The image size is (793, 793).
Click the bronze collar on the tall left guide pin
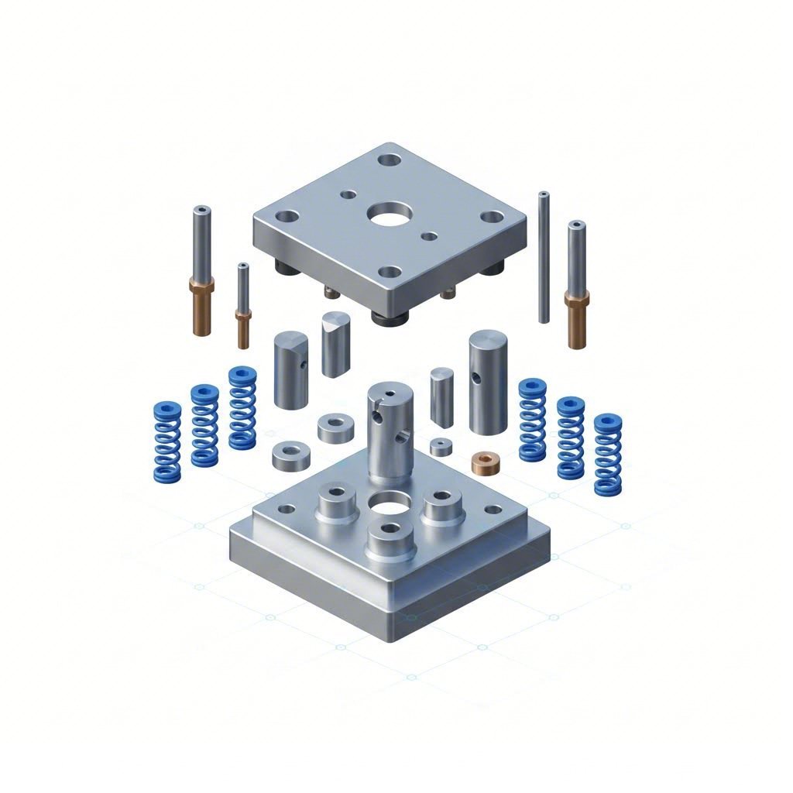click(x=200, y=306)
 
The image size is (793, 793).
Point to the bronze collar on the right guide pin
click(x=576, y=318)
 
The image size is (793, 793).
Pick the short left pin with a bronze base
click(x=243, y=306)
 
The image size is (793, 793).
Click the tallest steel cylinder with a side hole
click(x=487, y=381)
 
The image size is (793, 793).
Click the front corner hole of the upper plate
click(x=391, y=273)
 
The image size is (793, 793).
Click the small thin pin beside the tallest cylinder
click(x=441, y=397)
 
